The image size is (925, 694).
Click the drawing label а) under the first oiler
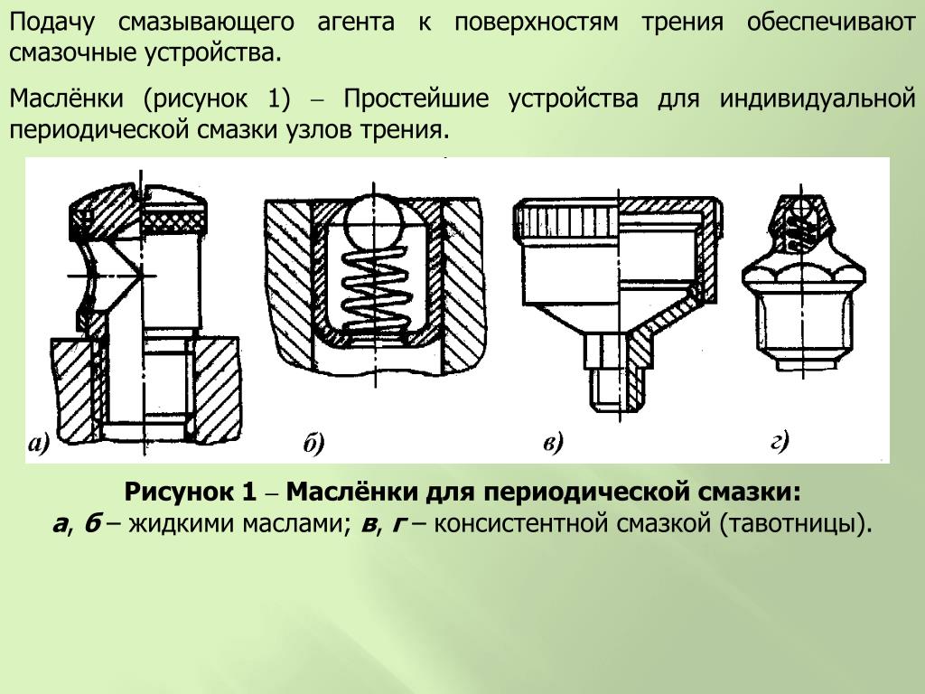pyautogui.click(x=39, y=443)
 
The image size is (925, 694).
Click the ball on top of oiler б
pyautogui.click(x=373, y=217)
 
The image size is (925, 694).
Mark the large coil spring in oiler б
pyautogui.click(x=373, y=280)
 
